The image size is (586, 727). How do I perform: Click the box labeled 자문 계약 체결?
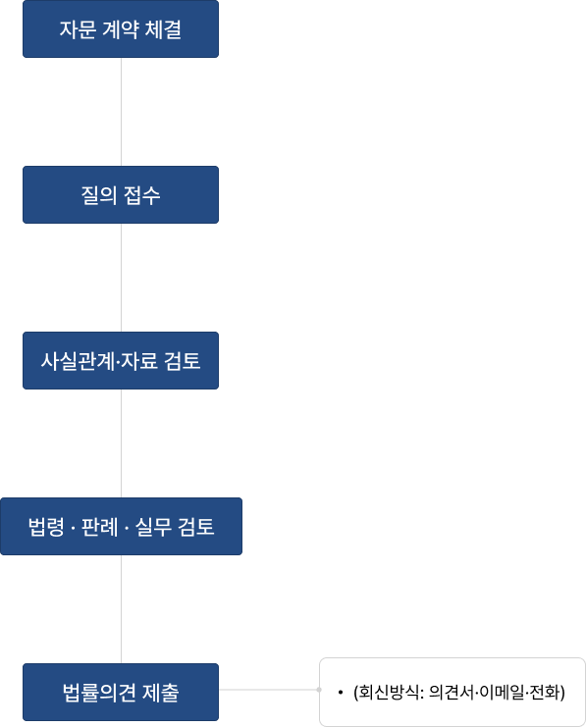pyautogui.click(x=121, y=29)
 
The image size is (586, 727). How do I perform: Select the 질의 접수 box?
pyautogui.click(x=121, y=194)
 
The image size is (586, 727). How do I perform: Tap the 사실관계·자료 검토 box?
pyautogui.click(x=121, y=360)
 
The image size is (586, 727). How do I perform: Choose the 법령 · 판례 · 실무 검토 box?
pyautogui.click(x=121, y=526)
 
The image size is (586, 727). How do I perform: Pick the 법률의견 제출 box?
pyautogui.click(x=121, y=692)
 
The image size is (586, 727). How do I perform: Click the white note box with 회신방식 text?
pyautogui.click(x=453, y=692)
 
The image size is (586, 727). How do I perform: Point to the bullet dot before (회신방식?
pyautogui.click(x=341, y=693)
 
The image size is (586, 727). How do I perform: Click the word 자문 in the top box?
pyautogui.click(x=78, y=29)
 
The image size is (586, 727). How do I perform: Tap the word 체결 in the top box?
pyautogui.click(x=163, y=29)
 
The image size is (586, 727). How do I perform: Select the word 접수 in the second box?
pyautogui.click(x=142, y=194)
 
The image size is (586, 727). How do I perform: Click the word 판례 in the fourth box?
pyautogui.click(x=100, y=527)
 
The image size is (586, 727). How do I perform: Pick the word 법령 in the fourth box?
pyautogui.click(x=46, y=527)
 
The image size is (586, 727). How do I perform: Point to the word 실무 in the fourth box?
pyautogui.click(x=153, y=527)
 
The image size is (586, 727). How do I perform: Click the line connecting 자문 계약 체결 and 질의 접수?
pyautogui.click(x=121, y=112)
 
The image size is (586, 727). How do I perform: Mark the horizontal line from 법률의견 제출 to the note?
pyautogui.click(x=269, y=690)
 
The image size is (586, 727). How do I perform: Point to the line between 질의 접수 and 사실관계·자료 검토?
pyautogui.click(x=121, y=278)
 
